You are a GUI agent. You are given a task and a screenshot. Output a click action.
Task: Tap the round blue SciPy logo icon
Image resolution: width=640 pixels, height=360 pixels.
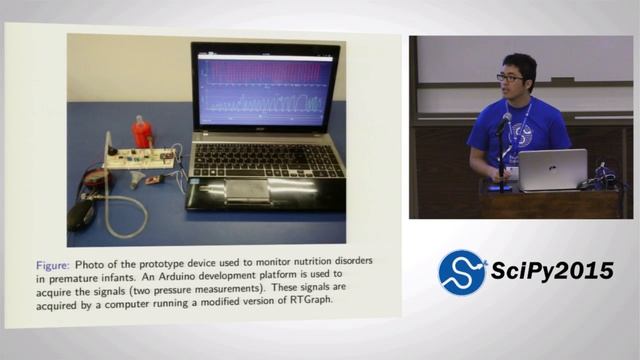462,273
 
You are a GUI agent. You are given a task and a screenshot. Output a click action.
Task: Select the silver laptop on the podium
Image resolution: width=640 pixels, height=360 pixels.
552,169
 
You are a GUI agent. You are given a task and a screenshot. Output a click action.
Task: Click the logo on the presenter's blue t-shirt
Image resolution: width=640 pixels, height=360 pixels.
521,133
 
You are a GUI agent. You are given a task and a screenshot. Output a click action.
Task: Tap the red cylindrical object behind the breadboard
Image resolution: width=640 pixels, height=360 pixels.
142,132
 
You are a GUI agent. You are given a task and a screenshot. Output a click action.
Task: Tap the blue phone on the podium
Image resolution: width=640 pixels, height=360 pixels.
499,187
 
